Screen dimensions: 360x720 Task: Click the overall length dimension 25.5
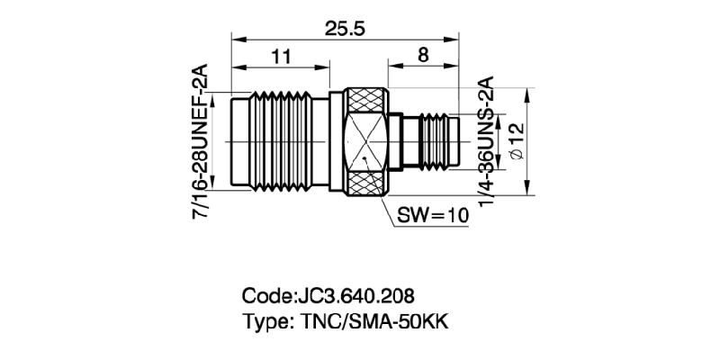point(345,29)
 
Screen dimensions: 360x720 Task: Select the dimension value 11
point(281,57)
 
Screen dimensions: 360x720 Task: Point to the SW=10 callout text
point(432,215)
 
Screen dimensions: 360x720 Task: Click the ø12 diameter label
point(516,141)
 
